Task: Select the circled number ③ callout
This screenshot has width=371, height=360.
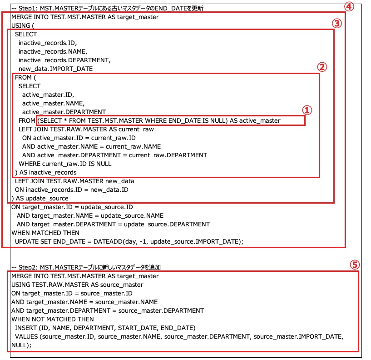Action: point(336,23)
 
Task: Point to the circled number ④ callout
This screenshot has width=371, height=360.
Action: point(349,6)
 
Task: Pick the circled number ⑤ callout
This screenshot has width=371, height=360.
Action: point(356,265)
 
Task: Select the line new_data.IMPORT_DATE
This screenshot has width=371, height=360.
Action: point(55,69)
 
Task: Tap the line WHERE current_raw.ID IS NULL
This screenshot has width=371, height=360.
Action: point(65,164)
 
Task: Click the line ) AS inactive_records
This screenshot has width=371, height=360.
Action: point(45,172)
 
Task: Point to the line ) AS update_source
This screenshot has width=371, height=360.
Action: point(40,198)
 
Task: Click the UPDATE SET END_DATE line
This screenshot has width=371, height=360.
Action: point(129,241)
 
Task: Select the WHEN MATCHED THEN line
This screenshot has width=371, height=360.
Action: point(45,233)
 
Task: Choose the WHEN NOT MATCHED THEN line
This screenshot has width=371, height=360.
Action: point(53,319)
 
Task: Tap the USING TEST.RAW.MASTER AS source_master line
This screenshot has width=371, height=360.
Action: point(77,285)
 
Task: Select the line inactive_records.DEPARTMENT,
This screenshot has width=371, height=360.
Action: point(64,60)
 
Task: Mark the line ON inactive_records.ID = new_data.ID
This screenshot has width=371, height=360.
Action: point(72,190)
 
